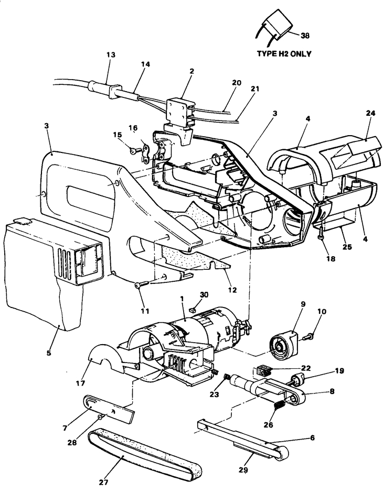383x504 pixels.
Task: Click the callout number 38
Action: pyautogui.click(x=305, y=36)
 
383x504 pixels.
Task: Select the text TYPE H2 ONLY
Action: pyautogui.click(x=284, y=53)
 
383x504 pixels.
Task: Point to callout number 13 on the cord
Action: pyautogui.click(x=111, y=55)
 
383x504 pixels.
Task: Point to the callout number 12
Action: pyautogui.click(x=232, y=290)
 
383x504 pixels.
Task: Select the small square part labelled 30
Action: pyautogui.click(x=194, y=310)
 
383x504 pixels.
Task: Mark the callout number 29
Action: pyautogui.click(x=243, y=470)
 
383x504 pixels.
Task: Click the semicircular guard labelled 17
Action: pyautogui.click(x=106, y=360)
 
